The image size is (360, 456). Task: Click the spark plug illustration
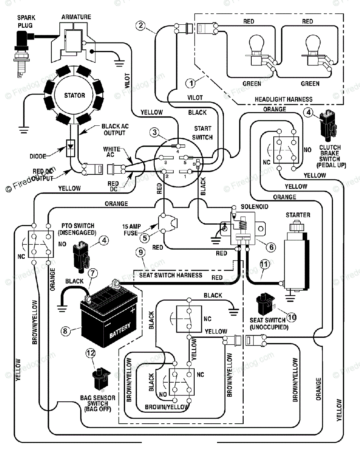[22, 54]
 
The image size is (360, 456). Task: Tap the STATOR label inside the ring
[75, 95]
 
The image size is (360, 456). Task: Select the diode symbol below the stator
[71, 148]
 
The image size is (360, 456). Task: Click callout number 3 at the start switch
[155, 132]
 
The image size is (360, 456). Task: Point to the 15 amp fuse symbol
[168, 223]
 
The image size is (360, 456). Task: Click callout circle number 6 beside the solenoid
[271, 247]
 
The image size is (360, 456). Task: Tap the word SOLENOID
[254, 207]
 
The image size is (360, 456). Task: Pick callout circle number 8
[65, 331]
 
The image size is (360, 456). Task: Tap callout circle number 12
[91, 353]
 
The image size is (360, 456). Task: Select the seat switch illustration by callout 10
[266, 304]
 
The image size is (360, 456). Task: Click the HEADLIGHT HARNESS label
[284, 100]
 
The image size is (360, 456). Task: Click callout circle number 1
[190, 83]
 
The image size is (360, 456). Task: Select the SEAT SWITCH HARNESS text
[171, 275]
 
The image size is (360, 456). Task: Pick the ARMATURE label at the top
[76, 17]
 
